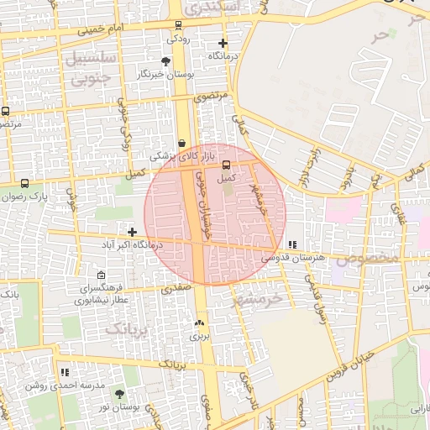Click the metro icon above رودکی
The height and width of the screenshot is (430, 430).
178,24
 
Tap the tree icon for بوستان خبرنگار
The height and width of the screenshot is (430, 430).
165,61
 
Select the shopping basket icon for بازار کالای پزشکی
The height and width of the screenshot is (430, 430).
182,144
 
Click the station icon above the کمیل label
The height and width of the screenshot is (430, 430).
226,165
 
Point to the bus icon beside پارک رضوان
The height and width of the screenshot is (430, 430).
24,183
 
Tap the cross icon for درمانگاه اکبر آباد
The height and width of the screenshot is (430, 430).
132,231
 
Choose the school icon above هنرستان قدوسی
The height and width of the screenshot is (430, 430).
291,244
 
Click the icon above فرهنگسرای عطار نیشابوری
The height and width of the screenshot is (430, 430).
102,275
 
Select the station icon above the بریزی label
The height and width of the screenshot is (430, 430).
199,322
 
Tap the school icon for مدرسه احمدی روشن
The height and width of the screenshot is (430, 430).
65,371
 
